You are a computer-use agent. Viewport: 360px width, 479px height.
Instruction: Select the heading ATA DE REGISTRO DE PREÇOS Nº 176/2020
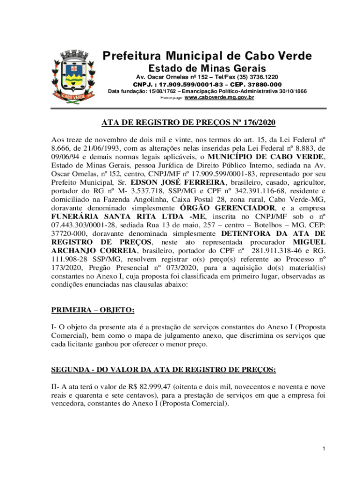pyautogui.click(x=188, y=123)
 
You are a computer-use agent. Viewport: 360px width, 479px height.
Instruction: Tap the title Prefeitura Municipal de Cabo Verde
pyautogui.click(x=207, y=57)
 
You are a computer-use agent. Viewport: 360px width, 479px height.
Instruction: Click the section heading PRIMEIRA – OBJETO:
pyautogui.click(x=93, y=310)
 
